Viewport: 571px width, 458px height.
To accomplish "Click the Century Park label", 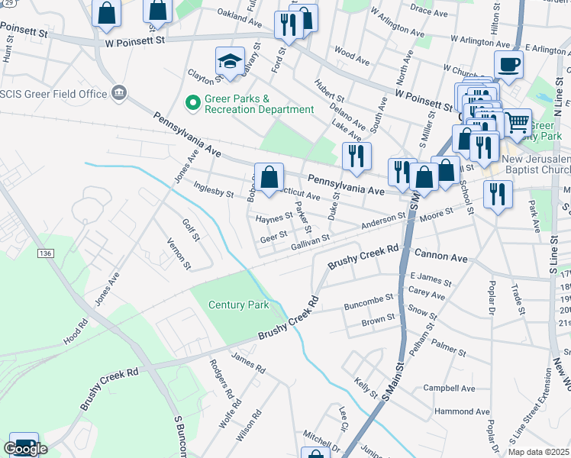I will (238, 305).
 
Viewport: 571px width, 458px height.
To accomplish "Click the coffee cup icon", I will (508, 65).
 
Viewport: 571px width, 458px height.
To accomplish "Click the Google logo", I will (25, 449).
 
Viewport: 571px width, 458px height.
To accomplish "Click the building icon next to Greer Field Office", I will (118, 94).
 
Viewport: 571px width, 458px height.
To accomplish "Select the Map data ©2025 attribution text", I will (539, 452).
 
